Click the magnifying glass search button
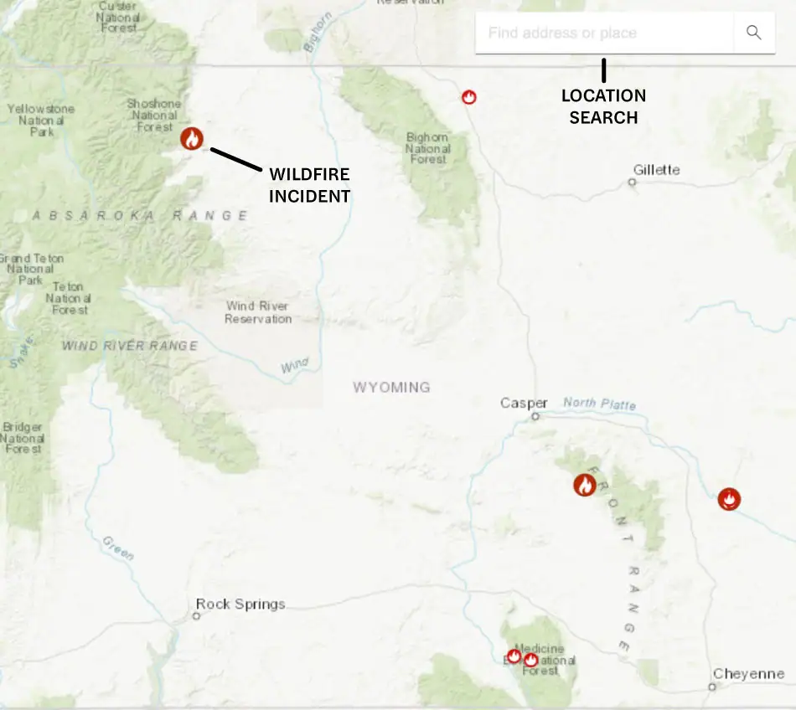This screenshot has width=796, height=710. pos(754,33)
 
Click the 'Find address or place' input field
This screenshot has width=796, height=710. pos(603,33)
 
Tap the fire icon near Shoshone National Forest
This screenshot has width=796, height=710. pos(192,138)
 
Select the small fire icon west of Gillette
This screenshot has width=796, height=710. pos(469,97)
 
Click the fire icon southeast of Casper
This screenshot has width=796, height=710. pos(585,485)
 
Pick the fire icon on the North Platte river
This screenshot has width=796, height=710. pos(730,500)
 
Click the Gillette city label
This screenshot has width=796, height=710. pos(656,170)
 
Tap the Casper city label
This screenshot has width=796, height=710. pos(524,404)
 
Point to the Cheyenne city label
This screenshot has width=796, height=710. pos(748,674)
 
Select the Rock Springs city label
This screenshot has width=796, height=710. pos(240,604)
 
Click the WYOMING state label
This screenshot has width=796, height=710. pos(391,388)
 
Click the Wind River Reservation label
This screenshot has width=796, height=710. pos(258,312)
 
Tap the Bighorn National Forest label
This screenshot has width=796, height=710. pos(427,148)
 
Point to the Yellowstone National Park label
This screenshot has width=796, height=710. pos(41,120)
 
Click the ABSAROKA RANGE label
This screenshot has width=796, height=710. pos(140,216)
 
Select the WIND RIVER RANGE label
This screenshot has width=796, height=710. pos(130,346)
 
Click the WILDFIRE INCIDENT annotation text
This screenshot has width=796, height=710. pos(309,185)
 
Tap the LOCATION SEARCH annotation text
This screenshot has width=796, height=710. pos(603,106)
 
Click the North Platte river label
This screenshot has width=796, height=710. pos(599,404)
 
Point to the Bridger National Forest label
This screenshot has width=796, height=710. pos(23,438)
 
